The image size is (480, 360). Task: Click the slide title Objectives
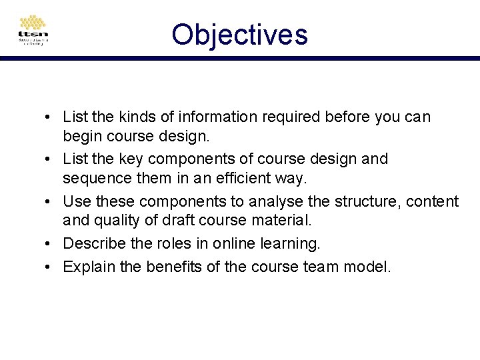[x=239, y=34]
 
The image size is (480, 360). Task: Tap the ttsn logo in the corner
[x=33, y=31]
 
